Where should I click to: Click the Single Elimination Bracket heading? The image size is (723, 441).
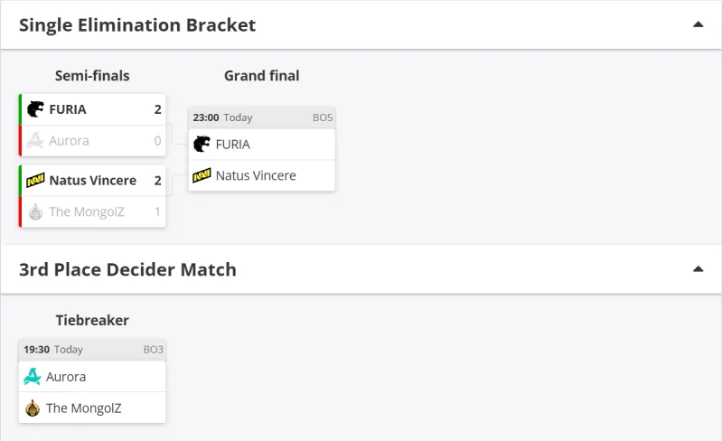[137, 25]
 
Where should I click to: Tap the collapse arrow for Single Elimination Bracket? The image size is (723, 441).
[698, 24]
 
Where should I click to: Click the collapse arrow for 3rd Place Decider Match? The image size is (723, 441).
[698, 269]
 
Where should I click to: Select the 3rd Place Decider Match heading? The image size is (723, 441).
[127, 269]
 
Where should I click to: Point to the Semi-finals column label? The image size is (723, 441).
[92, 76]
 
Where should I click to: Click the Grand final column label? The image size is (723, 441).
[261, 76]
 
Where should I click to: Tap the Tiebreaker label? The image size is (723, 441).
[92, 320]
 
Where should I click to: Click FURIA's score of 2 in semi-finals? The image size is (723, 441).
[157, 109]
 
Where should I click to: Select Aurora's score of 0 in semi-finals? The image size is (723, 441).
[157, 141]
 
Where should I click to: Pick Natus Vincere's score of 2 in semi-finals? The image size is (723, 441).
[157, 181]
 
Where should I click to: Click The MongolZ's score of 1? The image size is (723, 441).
[157, 212]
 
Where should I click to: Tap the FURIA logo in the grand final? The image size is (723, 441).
[202, 144]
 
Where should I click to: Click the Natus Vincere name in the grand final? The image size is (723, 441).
[256, 175]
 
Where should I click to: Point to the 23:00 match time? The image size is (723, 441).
[206, 117]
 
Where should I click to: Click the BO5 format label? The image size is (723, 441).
[323, 117]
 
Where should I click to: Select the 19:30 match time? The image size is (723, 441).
[36, 350]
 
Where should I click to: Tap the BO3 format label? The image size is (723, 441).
[154, 350]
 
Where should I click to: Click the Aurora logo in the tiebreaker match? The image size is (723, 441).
[33, 377]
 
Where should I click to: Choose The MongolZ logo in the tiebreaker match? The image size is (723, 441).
[33, 408]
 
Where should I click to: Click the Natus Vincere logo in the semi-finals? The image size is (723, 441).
[35, 181]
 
